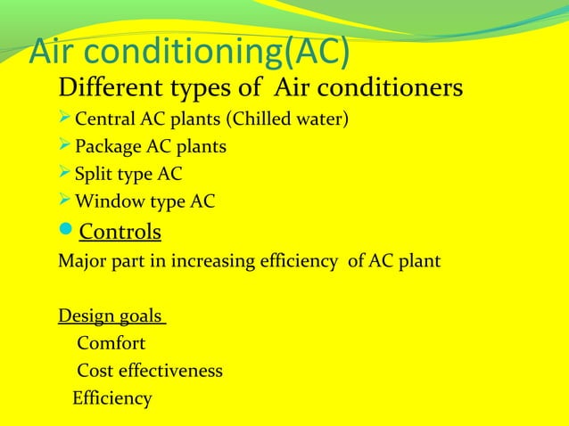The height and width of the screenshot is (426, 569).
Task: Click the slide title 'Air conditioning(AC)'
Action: [189, 53]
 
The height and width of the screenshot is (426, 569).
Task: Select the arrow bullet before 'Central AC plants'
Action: [65, 117]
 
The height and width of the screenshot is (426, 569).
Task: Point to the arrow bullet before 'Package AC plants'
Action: [65, 145]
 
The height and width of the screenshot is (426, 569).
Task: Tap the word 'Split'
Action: [94, 175]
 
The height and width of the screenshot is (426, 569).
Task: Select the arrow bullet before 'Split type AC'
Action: [65, 174]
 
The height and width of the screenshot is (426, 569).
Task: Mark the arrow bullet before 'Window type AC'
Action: [65, 201]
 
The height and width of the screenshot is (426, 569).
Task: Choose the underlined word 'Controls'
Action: [120, 233]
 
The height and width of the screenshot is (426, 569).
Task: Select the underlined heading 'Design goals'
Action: [110, 316]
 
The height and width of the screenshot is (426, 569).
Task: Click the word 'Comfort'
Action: [111, 343]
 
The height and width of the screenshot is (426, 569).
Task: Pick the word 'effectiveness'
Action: [171, 371]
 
